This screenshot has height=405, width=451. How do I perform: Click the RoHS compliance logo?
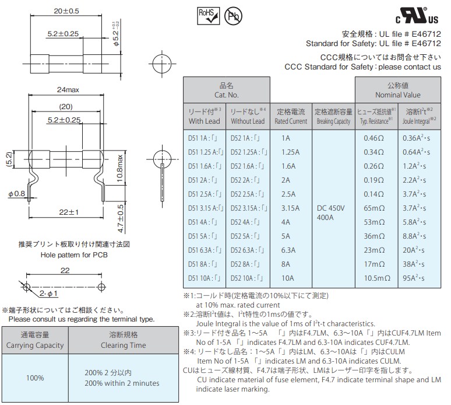pyautogui.click(x=209, y=15)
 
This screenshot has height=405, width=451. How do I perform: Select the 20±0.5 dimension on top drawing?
pyautogui.click(x=66, y=11)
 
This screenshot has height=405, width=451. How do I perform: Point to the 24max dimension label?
pyautogui.click(x=68, y=90)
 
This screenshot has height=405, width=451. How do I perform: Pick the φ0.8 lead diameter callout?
pyautogui.click(x=17, y=193)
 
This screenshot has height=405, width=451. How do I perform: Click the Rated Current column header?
pyautogui.click(x=291, y=116)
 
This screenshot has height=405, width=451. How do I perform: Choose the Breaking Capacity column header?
pyautogui.click(x=333, y=116)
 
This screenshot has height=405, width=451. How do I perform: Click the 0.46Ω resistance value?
pyautogui.click(x=374, y=138)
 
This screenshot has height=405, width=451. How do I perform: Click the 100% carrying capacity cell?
pyautogui.click(x=34, y=378)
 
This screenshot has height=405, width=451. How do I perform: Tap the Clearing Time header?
pyautogui.click(x=123, y=340)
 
